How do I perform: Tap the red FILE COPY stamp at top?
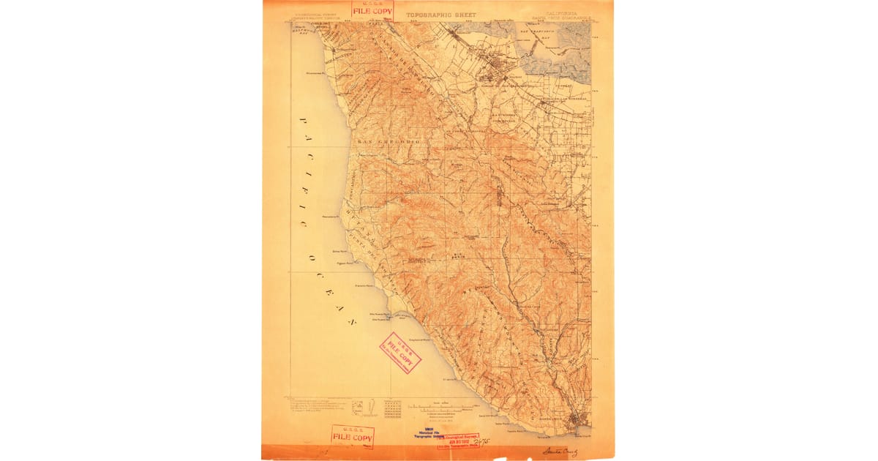[372, 10]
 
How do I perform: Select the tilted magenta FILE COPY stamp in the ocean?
[399, 353]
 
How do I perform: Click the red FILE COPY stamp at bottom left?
[353, 436]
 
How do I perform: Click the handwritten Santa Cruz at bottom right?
[560, 451]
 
